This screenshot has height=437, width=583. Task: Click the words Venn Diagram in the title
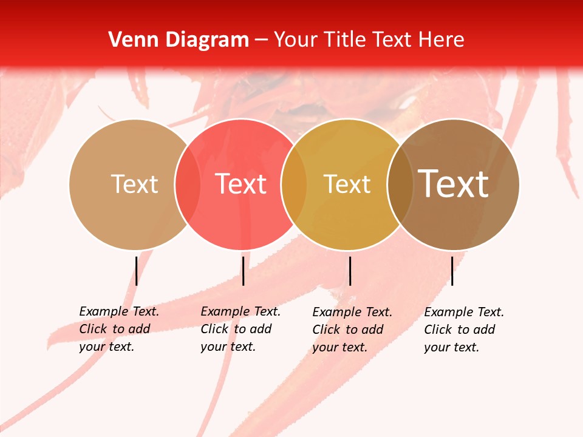click(x=179, y=40)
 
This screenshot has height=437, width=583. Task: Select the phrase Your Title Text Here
click(x=369, y=40)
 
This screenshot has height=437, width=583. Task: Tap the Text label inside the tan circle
click(x=134, y=184)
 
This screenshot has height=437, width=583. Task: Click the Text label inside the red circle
click(x=241, y=184)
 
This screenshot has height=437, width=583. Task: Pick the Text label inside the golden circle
click(x=347, y=184)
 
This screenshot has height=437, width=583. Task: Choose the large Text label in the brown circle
click(x=454, y=184)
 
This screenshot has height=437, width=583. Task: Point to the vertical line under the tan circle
click(x=137, y=271)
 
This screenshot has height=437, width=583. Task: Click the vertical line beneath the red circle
click(x=243, y=271)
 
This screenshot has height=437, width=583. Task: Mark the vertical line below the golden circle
click(x=350, y=271)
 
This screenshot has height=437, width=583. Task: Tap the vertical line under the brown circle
click(x=452, y=271)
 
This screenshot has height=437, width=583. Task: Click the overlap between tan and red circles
click(x=188, y=184)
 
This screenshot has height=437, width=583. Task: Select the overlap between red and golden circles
click(x=294, y=184)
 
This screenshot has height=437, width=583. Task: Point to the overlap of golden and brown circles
click(x=400, y=184)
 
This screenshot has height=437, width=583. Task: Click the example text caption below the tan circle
click(x=119, y=329)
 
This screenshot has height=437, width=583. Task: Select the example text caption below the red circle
click(x=240, y=329)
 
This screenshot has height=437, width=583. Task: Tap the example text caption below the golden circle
click(x=352, y=330)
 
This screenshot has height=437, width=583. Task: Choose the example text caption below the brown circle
click(x=464, y=330)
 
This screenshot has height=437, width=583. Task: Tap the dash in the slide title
click(x=261, y=41)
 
